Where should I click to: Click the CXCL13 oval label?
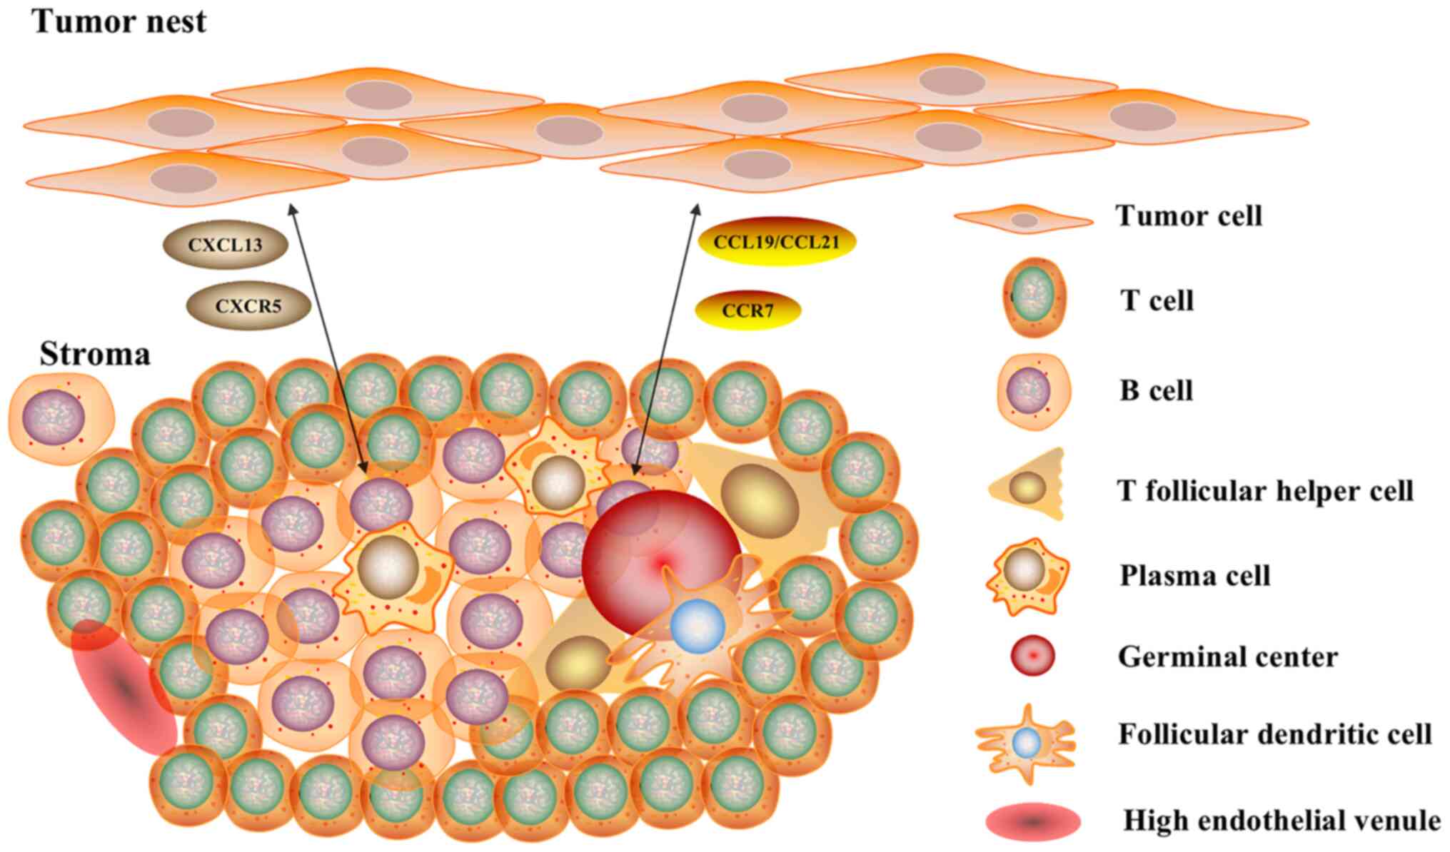[225, 245]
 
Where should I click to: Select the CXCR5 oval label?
[248, 307]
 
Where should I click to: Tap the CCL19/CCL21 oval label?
[776, 242]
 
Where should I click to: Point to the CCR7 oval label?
[747, 310]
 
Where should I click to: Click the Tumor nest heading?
[119, 21]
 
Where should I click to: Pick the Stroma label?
[95, 354]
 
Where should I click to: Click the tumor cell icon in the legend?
[1024, 220]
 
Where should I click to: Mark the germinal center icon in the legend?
[1032, 656]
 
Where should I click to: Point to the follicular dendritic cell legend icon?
[1026, 744]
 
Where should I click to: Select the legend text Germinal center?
[1227, 656]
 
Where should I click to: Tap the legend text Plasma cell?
[1194, 575]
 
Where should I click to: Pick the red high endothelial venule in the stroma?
[124, 686]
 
